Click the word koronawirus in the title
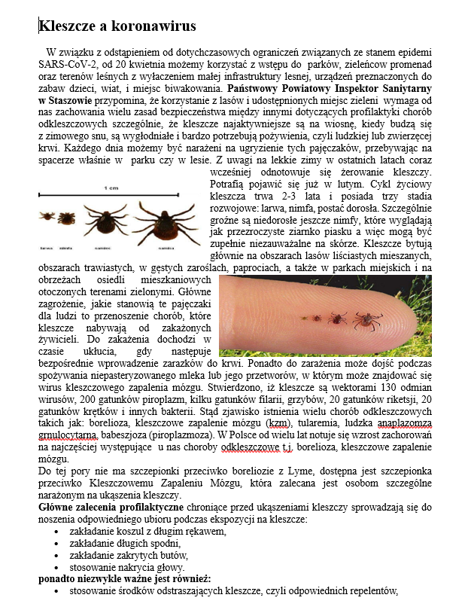tap(155, 26)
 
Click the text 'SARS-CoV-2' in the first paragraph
tap(67, 66)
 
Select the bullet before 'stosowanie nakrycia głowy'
tap(59, 568)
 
